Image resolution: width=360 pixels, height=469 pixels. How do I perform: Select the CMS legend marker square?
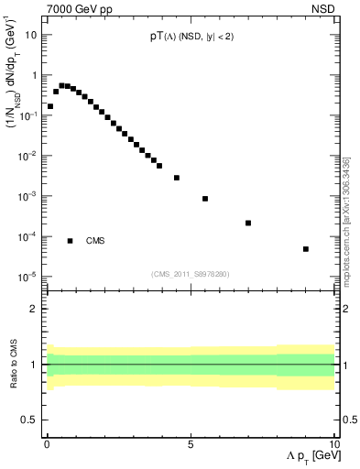pos(70,241)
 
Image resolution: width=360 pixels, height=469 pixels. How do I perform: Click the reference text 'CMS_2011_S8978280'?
pos(190,273)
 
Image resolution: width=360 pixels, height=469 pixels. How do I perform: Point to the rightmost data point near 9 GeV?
pos(306,248)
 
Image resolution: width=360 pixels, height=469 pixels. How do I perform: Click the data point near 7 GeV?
pos(248,223)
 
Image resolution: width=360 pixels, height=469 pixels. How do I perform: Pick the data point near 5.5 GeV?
pos(205,199)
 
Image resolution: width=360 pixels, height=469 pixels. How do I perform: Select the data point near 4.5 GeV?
pos(177,178)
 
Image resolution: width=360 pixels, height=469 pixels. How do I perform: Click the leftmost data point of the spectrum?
pos(50,106)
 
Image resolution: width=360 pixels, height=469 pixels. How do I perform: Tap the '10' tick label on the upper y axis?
pos(31,35)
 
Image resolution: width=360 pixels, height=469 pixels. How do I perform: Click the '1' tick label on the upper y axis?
pos(34,75)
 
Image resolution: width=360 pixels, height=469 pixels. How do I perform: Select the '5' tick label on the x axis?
pos(191,442)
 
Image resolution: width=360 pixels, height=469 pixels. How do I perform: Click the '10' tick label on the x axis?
pos(333,442)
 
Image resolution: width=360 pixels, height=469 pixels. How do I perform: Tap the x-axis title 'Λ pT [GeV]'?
pos(307,457)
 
